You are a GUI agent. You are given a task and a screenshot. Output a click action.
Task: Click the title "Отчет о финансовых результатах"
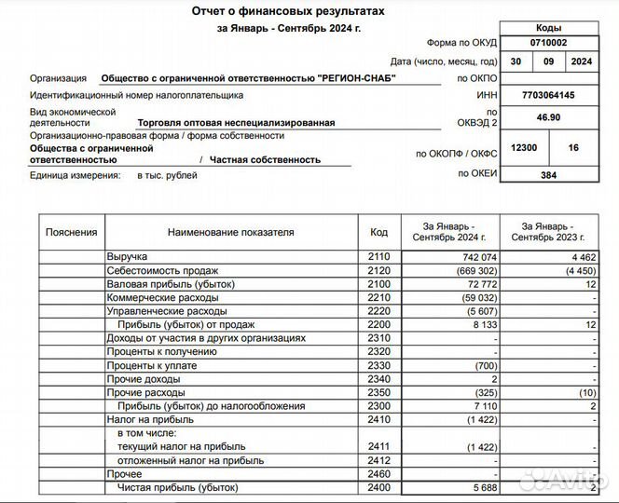(x=287, y=11)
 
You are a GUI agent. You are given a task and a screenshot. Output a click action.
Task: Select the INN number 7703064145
(x=547, y=95)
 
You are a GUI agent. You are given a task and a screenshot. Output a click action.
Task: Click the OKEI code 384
(x=547, y=175)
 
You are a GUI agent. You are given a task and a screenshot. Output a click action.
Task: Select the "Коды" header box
(x=547, y=28)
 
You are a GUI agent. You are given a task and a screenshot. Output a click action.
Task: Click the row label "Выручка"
(x=128, y=255)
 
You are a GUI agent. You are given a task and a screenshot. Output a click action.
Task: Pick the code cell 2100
(x=378, y=283)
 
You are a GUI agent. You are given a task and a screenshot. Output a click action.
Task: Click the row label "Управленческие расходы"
(x=163, y=311)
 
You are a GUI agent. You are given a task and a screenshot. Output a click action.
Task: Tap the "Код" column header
(x=378, y=232)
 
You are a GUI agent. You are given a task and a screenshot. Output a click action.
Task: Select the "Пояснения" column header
(x=72, y=232)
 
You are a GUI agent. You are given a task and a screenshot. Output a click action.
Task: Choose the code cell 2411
(x=378, y=447)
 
